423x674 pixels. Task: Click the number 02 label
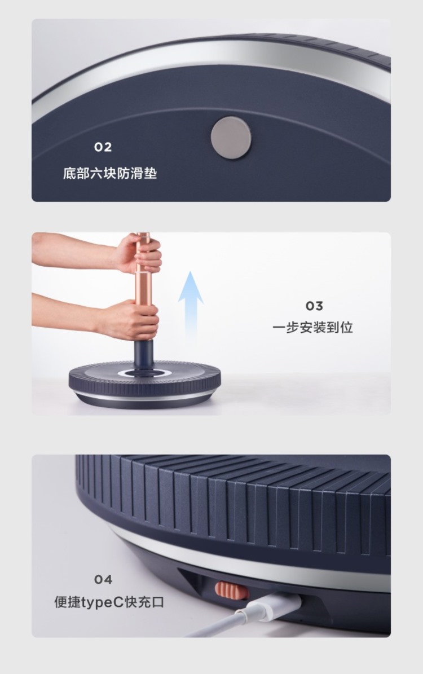tap(103, 147)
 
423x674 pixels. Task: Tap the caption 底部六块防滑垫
tap(110, 173)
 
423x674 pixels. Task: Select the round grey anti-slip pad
tap(231, 138)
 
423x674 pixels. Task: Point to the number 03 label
tap(314, 306)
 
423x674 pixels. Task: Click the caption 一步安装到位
tap(312, 328)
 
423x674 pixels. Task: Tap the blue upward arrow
tap(191, 301)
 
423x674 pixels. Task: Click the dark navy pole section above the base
tap(144, 355)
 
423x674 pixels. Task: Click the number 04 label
tap(103, 580)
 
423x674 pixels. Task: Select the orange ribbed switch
tap(232, 590)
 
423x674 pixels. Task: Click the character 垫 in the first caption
tap(151, 173)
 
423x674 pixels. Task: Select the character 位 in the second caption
tap(346, 328)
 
